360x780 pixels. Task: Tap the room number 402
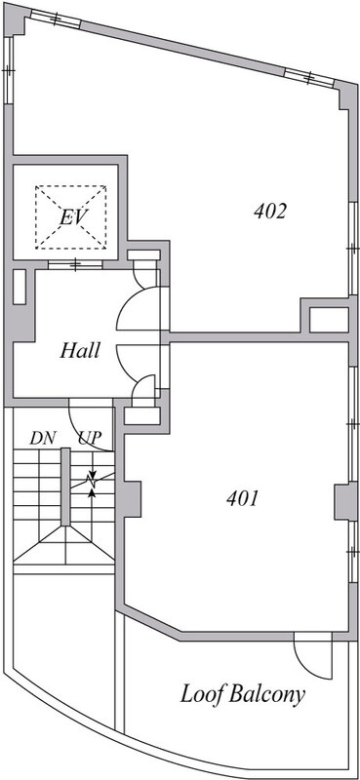click(x=270, y=212)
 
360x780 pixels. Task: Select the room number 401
click(x=243, y=498)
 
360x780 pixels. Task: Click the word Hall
click(x=80, y=351)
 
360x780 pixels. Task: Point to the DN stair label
click(x=42, y=438)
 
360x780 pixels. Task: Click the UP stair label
click(x=90, y=438)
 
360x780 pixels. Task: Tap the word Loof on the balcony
click(x=202, y=694)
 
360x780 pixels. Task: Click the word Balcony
click(x=267, y=695)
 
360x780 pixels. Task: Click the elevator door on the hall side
click(x=75, y=264)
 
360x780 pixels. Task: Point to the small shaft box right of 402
click(x=329, y=320)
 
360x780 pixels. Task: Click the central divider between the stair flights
click(x=65, y=486)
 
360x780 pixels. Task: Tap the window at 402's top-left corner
click(x=55, y=19)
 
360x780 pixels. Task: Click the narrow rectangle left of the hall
click(x=19, y=287)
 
